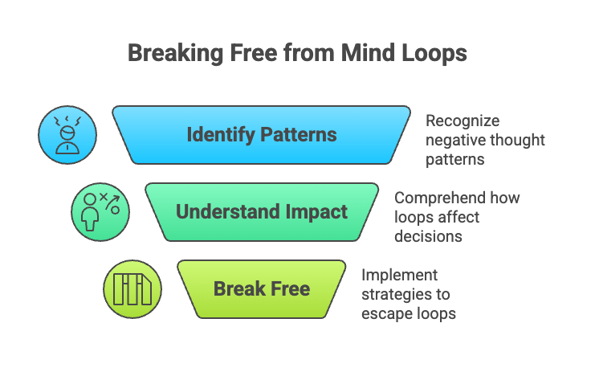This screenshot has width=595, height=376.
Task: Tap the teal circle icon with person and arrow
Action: click(100, 212)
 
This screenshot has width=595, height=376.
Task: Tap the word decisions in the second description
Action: click(426, 236)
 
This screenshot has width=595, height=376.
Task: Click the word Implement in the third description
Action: click(396, 275)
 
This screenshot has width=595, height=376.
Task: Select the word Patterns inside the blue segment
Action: click(295, 134)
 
